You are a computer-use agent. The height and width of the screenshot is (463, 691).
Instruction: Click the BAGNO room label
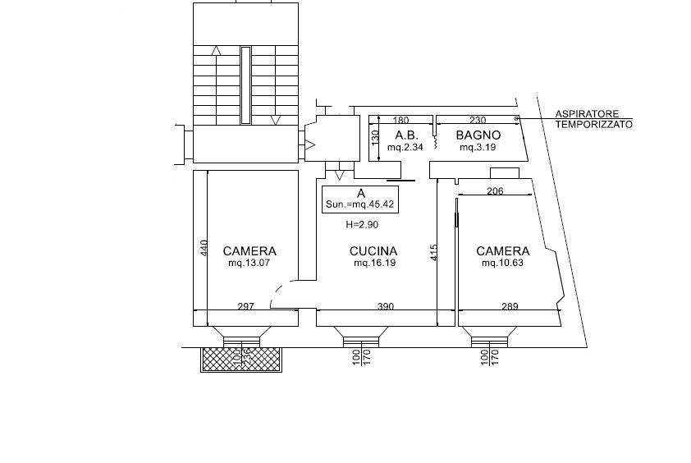point(478,135)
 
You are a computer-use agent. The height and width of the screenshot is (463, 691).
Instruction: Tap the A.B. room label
point(406,135)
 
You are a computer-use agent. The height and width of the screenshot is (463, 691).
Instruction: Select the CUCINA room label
point(373,251)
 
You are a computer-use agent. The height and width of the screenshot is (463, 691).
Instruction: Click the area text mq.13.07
point(249,264)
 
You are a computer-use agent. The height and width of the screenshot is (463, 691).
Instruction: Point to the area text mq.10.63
point(503,264)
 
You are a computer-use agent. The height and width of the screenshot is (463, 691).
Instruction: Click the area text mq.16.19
point(374,264)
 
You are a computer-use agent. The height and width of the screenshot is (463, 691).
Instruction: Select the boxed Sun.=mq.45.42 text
point(360,204)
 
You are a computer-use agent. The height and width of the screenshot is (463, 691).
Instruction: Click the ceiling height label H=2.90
point(362,225)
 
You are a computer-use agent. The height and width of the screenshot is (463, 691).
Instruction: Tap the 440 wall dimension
point(204,248)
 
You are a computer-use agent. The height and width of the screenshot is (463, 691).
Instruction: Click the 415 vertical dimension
point(433,252)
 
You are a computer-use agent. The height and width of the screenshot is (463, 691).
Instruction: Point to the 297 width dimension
point(246,306)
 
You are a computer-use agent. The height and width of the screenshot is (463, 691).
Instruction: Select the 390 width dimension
point(386,306)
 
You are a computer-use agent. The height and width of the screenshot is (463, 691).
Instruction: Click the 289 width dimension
point(510,306)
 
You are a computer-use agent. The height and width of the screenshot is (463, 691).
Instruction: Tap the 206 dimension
point(495,191)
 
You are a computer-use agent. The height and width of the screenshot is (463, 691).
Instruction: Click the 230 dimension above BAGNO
point(478,120)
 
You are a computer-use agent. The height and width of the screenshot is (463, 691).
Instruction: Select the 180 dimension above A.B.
point(400,120)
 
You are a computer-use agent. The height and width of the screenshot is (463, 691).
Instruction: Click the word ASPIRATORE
point(587,114)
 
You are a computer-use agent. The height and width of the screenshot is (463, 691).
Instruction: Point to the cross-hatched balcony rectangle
point(241,360)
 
